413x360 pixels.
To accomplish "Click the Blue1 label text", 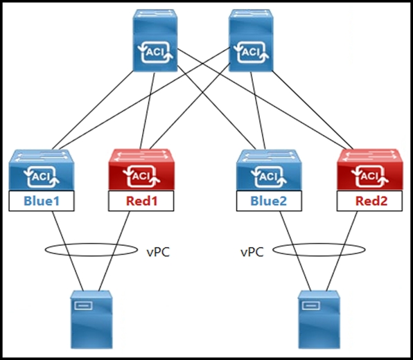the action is coord(42,201).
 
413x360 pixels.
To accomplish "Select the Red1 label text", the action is coord(141,201).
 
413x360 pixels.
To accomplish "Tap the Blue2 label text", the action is coord(268,201).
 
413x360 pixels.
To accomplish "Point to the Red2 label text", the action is coord(371,201).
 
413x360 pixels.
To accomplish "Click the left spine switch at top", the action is coord(155,40).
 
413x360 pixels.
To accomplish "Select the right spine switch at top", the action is coord(251,40).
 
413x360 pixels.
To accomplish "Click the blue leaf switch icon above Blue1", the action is coord(42,170).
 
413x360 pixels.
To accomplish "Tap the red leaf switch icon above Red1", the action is coord(141,170).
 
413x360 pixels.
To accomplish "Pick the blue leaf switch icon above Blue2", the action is coord(269,170).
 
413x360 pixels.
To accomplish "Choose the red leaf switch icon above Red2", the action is coord(370,170).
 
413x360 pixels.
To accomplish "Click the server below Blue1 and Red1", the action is coord(91,320).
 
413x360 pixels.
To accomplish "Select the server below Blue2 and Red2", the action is coord(319,320).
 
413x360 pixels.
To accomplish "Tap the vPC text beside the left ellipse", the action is coord(158,252).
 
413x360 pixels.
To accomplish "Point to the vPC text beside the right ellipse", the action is coord(252,252).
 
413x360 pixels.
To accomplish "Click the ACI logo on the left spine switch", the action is coord(155,52).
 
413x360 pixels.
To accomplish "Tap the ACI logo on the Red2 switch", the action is coord(370,176).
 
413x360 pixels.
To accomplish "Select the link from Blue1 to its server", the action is coord(67,251).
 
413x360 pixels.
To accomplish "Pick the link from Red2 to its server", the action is coord(342,251).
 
